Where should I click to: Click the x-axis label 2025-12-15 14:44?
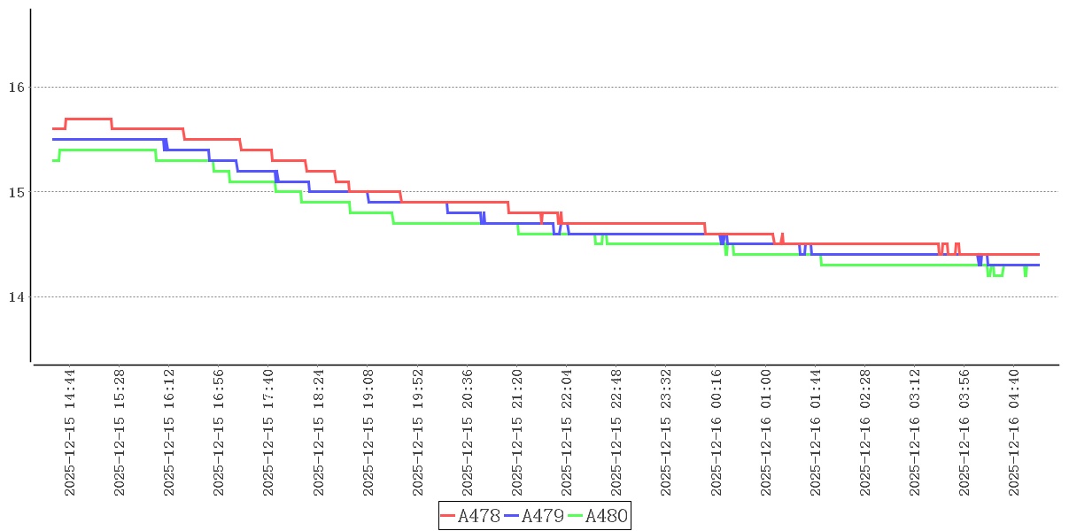coord(70,432)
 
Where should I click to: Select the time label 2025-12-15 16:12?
coord(169,432)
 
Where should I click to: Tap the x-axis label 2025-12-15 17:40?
coord(268,432)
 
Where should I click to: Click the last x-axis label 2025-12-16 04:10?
coord(1016,432)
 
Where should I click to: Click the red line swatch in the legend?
coord(448,516)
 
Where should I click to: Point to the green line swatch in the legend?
coord(576,516)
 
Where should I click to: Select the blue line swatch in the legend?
coord(512,516)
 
